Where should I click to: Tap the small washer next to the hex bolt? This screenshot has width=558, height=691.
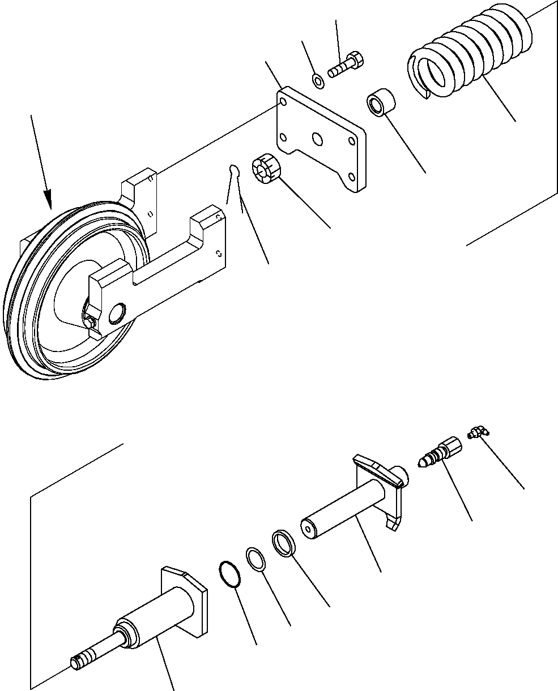(x=318, y=81)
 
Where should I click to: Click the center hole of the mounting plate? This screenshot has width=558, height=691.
(x=318, y=139)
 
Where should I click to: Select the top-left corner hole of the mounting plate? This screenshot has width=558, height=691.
(x=282, y=102)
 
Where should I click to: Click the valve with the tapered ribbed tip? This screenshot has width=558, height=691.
(x=440, y=452)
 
